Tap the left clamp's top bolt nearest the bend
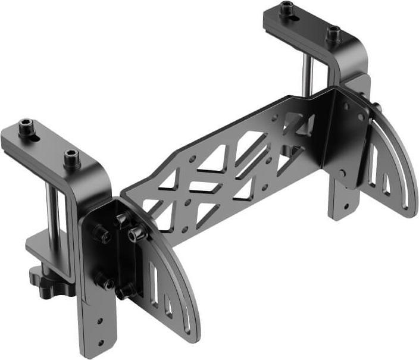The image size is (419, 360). [71, 158]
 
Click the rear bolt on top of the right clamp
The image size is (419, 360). [287, 8]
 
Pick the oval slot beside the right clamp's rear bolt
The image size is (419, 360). [295, 18]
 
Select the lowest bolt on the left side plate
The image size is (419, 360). [124, 292]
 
